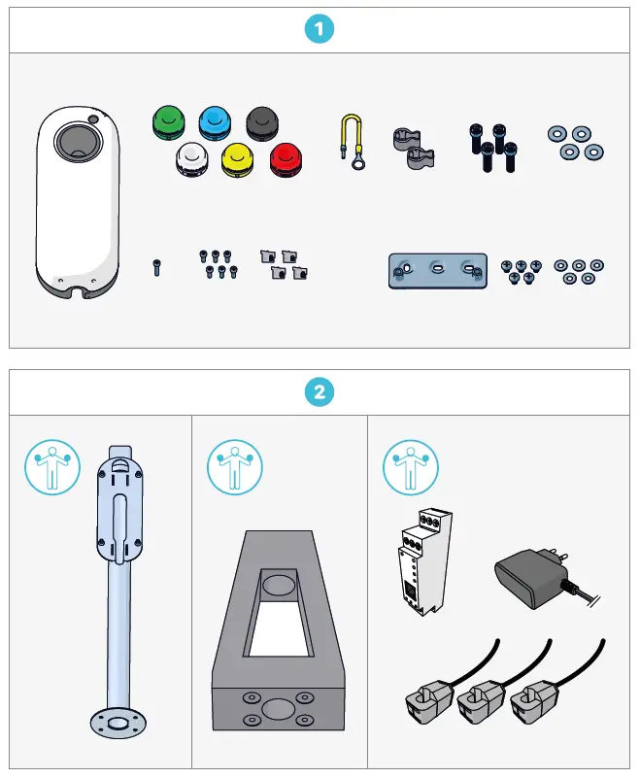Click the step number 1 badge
[x=320, y=29]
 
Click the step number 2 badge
[x=320, y=393]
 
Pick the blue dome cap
[x=216, y=123]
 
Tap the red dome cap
[x=287, y=159]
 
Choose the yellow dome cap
[x=239, y=159]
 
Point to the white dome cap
[x=192, y=159]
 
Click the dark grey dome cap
[x=263, y=123]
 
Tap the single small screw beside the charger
[x=155, y=266]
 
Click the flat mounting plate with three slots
[x=437, y=271]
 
